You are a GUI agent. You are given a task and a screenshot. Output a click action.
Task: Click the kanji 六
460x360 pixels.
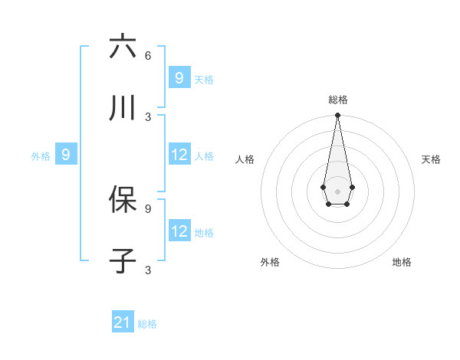coord(123,47)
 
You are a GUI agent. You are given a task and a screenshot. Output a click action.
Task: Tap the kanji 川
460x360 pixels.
coord(123,109)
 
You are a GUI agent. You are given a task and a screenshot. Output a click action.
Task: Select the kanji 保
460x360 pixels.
coord(123,199)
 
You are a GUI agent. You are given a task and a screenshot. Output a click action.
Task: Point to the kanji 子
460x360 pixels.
coord(123,261)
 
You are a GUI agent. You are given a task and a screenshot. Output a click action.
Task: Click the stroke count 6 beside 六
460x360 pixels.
coord(148,56)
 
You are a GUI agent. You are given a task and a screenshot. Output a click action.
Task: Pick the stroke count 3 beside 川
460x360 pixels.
coord(148,116)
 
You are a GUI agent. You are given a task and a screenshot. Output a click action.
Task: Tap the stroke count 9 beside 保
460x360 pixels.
coord(148,208)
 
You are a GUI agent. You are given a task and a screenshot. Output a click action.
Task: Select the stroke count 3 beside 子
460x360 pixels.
coord(148,270)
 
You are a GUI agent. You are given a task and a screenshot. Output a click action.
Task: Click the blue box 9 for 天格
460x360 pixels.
coord(179,78)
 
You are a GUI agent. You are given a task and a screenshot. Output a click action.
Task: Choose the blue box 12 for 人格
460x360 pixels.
coord(179,155)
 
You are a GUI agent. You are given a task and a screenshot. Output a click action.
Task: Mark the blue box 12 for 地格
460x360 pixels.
coord(179,231)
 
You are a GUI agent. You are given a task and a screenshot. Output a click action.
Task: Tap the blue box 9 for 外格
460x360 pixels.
coord(66,155)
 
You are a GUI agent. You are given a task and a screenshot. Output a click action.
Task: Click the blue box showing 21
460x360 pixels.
coord(123,322)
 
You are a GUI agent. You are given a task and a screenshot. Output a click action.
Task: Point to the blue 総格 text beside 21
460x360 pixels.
coord(147,324)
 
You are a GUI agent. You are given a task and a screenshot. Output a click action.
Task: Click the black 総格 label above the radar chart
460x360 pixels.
coord(337,100)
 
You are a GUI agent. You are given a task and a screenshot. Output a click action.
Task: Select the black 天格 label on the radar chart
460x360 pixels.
coord(431,159)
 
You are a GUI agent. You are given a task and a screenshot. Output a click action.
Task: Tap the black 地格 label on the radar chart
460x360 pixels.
coord(402,262)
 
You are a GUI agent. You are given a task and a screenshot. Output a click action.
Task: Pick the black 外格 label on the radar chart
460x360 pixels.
coord(270,262)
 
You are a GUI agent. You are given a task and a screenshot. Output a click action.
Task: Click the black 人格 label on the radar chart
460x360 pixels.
coord(245,159)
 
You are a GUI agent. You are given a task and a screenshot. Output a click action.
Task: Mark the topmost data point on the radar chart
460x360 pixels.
coord(337,116)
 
